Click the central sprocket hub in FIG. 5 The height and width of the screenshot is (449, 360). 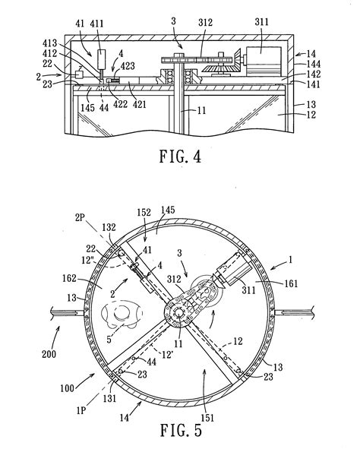179,311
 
